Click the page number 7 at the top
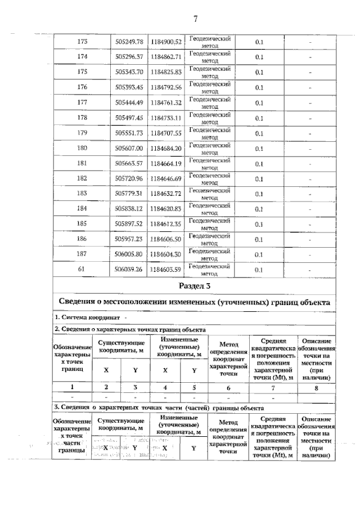(195, 19)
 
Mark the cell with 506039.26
(129, 270)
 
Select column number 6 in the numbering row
(227, 387)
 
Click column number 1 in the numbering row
(72, 387)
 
